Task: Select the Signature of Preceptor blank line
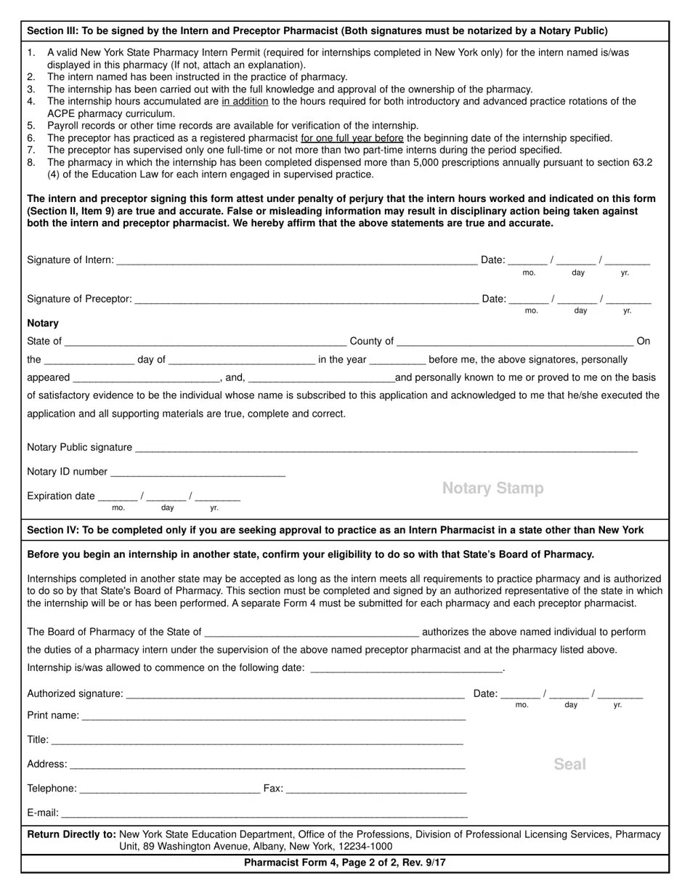pos(306,299)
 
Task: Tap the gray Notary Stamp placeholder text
pos(492,488)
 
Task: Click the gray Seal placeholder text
pos(569,764)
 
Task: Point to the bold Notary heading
pos(43,323)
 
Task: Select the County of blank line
pos(515,342)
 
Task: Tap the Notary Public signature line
pos(386,448)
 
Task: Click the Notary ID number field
pos(198,472)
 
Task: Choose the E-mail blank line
pos(264,813)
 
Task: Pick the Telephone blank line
pos(169,789)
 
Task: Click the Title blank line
pos(257,740)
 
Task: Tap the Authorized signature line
pos(295,694)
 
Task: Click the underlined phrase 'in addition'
pos(245,102)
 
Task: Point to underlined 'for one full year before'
pos(352,138)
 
